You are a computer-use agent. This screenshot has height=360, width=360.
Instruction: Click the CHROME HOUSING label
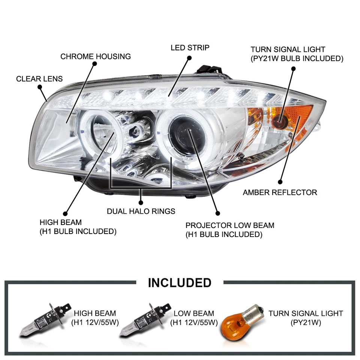click(x=96, y=57)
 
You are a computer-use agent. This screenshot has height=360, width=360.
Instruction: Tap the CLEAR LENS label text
click(x=39, y=79)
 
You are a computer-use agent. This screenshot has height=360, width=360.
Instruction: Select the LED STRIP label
click(x=190, y=48)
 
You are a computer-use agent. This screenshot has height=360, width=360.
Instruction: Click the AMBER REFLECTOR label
click(x=280, y=192)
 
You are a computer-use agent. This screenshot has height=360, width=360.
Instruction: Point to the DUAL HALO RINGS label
click(x=141, y=211)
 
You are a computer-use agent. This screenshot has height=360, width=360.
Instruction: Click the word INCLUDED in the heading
click(x=180, y=282)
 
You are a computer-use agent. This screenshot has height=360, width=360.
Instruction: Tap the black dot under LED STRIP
click(x=189, y=58)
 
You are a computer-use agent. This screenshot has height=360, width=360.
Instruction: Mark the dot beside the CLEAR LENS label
click(x=40, y=87)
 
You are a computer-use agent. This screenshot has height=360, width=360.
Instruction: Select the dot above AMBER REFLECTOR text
click(x=280, y=182)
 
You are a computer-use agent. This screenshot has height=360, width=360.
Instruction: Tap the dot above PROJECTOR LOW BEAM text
click(x=217, y=213)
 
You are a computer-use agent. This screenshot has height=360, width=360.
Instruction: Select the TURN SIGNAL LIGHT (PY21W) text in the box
click(x=306, y=318)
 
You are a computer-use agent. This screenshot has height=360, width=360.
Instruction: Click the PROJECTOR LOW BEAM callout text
click(x=230, y=230)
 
